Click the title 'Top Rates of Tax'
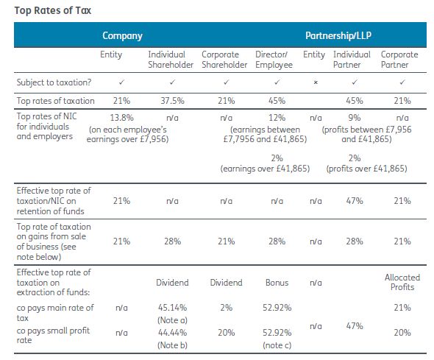click(52, 10)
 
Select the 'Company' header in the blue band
click(122, 35)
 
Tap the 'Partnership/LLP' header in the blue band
click(338, 35)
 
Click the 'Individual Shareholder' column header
click(171, 60)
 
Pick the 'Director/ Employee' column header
click(274, 60)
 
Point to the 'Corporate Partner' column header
click(399, 60)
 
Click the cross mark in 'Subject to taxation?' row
click(316, 82)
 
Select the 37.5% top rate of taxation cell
click(172, 101)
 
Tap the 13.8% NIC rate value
click(122, 118)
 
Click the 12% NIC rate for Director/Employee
click(277, 118)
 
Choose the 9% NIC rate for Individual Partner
click(355, 118)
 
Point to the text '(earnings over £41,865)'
click(265, 169)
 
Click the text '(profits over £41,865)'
click(367, 169)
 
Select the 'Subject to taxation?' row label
click(54, 82)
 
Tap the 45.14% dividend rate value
click(172, 308)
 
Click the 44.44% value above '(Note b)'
click(172, 332)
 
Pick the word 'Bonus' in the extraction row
click(277, 283)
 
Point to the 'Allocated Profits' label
click(402, 282)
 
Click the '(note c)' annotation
click(277, 345)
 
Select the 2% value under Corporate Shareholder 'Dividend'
click(226, 308)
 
